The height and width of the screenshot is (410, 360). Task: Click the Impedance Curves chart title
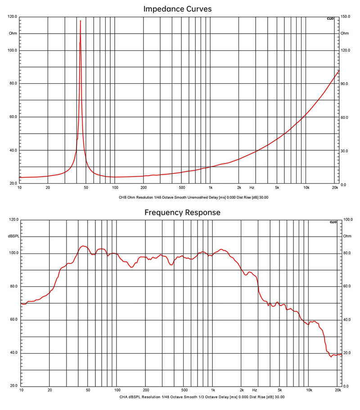click(x=177, y=9)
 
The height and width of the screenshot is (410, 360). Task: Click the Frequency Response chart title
click(x=182, y=212)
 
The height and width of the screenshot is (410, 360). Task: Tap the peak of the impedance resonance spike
click(x=80, y=21)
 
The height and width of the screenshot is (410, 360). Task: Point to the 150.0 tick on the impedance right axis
click(x=345, y=17)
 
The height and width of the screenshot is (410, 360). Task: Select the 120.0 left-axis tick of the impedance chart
click(x=13, y=17)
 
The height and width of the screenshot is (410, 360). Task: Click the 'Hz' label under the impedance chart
click(x=252, y=187)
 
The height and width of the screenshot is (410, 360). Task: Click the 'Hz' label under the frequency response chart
click(x=254, y=390)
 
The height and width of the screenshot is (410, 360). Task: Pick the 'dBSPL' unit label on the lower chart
click(x=13, y=236)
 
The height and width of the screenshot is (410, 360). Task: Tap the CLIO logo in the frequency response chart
click(x=333, y=222)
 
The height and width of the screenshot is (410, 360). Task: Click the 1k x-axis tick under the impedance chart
click(x=211, y=187)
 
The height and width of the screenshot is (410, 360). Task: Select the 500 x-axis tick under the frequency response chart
click(x=184, y=390)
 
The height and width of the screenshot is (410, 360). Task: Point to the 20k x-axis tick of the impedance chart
click(x=335, y=187)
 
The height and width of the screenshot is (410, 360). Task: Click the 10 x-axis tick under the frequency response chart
click(x=21, y=390)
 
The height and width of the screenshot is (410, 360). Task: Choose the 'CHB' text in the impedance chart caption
click(x=123, y=197)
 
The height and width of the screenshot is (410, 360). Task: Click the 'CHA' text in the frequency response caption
click(x=124, y=397)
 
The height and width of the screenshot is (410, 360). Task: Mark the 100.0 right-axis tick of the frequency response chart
click(x=347, y=220)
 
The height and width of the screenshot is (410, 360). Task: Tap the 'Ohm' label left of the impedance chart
click(x=13, y=33)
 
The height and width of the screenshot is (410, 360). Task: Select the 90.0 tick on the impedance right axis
click(x=345, y=84)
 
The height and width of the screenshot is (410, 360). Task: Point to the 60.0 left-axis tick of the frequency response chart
click(x=13, y=320)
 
